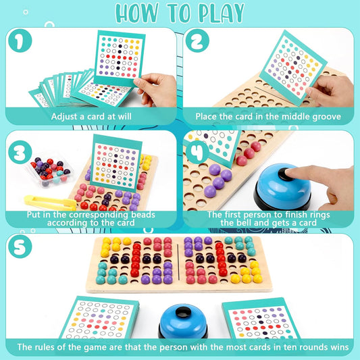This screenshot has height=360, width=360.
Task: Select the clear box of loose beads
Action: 49,173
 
